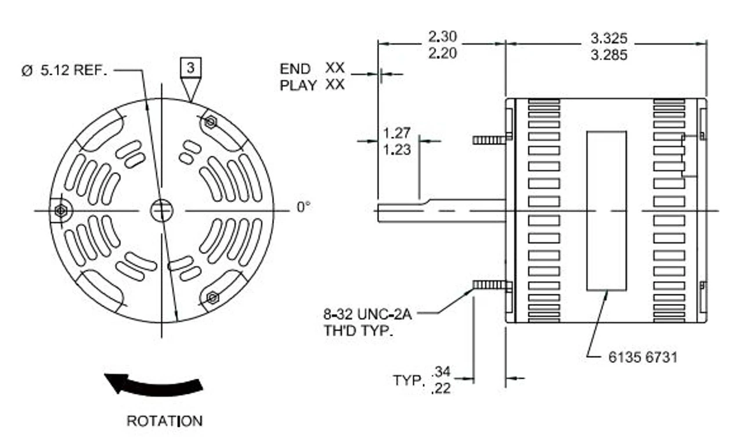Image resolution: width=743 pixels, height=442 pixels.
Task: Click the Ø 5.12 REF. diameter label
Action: (x=64, y=71)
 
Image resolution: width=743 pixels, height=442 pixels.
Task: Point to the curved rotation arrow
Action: (x=153, y=385)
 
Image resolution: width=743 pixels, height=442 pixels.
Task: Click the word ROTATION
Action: (x=164, y=421)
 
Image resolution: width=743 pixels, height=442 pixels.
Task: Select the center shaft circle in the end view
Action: (x=161, y=210)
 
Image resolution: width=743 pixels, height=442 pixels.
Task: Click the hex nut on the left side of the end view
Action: (x=59, y=211)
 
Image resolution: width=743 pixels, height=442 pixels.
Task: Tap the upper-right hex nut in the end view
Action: (x=211, y=122)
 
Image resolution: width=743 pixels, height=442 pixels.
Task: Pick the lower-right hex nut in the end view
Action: (x=212, y=297)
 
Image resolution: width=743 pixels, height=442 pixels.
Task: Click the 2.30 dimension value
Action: (x=442, y=37)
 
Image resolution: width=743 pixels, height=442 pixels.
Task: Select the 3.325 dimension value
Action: (x=609, y=38)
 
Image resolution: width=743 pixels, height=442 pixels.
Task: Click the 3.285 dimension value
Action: (x=609, y=56)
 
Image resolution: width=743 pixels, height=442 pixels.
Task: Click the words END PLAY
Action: (x=298, y=77)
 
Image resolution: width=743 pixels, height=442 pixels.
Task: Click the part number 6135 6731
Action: (x=643, y=357)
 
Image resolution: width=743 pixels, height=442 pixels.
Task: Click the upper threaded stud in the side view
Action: (x=489, y=139)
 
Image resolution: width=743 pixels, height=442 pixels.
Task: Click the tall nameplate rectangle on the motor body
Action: (x=606, y=210)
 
